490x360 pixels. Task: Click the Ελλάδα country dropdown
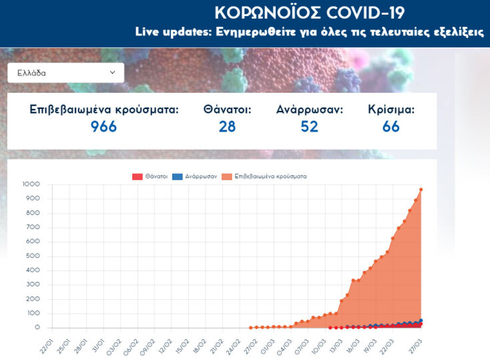coord(65,73)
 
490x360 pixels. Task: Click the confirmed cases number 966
coord(103,126)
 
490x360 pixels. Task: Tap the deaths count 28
coord(227,126)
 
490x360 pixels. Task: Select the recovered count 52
coord(309,126)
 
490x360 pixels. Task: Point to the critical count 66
coord(391,126)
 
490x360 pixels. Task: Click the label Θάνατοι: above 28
coord(227,110)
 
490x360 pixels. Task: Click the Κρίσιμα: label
coord(391,110)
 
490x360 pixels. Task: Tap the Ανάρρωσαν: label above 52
coord(309,110)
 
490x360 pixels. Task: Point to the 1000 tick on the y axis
coord(31,184)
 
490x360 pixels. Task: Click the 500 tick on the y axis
coord(33,256)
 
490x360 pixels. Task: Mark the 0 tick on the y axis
coord(38,328)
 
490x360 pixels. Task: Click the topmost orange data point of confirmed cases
coord(421,190)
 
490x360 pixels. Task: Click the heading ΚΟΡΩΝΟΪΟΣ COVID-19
coord(309,12)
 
